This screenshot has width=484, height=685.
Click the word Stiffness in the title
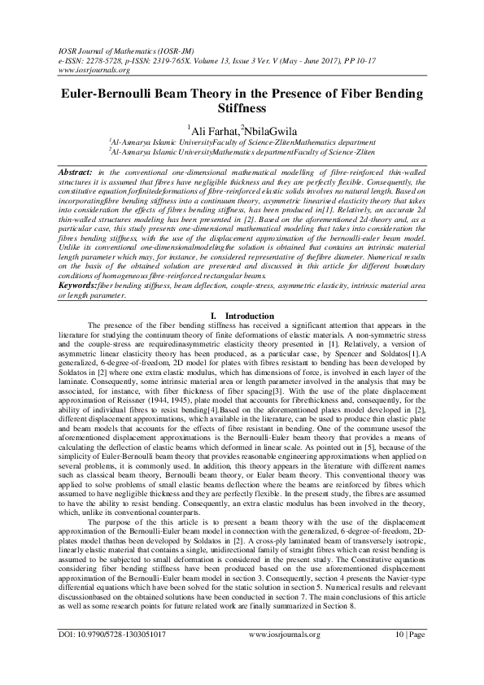(x=242, y=107)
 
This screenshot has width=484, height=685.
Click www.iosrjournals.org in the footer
(x=284, y=656)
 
